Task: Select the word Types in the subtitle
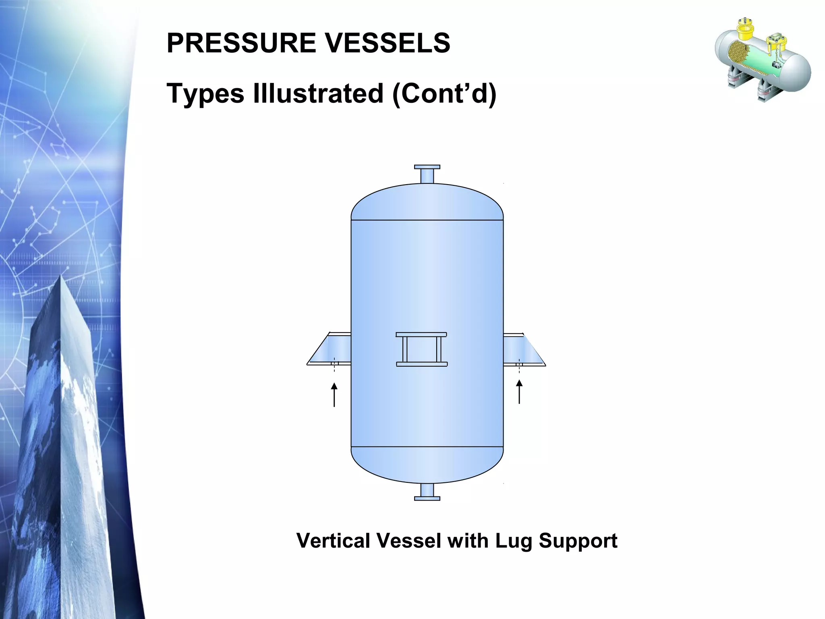[205, 93]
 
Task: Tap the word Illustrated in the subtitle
[318, 93]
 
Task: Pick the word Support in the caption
[578, 541]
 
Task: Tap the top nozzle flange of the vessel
[427, 167]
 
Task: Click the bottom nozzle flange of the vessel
[427, 499]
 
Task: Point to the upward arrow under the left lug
[334, 395]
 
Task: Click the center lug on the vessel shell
[421, 349]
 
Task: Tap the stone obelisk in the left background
[64, 443]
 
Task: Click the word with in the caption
[468, 541]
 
